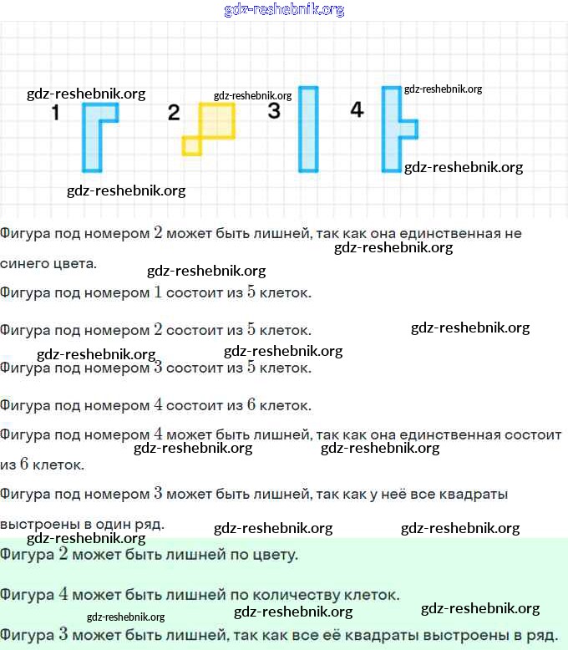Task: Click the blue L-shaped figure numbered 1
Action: tap(92, 142)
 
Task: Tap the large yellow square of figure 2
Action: tap(216, 120)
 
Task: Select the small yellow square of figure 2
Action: tap(191, 146)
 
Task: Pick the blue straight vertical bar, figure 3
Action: tap(308, 129)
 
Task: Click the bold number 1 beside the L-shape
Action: tap(56, 113)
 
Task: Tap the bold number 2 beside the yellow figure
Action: tap(174, 113)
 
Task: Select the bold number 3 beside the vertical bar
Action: tap(274, 110)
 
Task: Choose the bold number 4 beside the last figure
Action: tap(357, 109)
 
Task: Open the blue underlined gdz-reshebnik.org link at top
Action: tap(284, 10)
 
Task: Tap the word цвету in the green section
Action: tap(271, 554)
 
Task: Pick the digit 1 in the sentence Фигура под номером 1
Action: tap(158, 292)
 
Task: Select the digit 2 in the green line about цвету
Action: tap(63, 554)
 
